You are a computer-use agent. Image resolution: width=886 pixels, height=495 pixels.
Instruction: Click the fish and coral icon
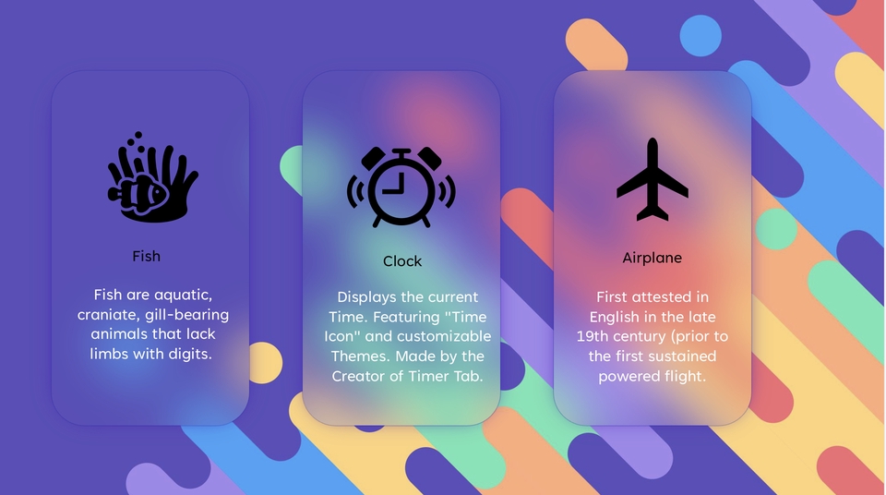(x=152, y=177)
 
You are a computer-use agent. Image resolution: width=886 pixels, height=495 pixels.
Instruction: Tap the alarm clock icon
(x=401, y=187)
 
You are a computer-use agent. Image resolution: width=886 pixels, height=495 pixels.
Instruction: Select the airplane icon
(x=653, y=179)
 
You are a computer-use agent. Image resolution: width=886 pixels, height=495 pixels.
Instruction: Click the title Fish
(x=147, y=256)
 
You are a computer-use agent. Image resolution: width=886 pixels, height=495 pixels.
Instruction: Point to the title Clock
(x=402, y=261)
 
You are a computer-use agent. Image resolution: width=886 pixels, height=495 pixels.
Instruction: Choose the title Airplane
(x=653, y=258)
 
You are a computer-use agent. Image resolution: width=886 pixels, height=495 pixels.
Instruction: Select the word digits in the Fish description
(x=190, y=354)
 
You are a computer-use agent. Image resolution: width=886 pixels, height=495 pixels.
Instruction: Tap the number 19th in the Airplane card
(x=591, y=336)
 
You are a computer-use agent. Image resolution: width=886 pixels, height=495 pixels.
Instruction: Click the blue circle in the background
(x=700, y=36)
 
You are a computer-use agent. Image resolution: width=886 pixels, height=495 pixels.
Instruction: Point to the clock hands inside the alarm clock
(x=398, y=184)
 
